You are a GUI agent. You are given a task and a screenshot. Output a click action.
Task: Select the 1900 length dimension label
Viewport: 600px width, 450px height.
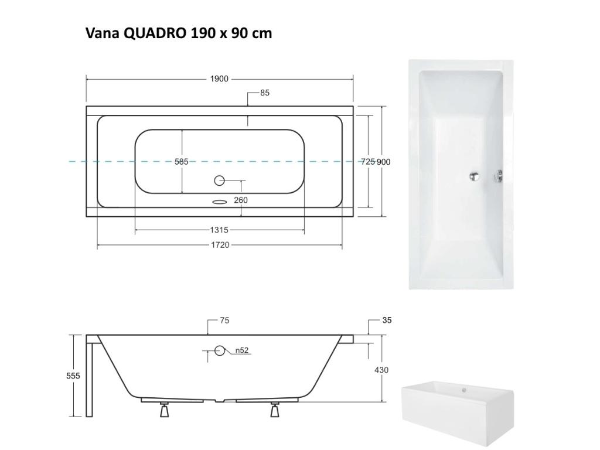(x=219, y=79)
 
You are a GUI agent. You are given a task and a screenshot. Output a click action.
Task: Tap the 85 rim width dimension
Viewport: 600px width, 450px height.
(x=265, y=93)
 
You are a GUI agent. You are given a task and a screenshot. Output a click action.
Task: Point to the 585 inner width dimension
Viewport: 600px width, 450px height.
(x=182, y=162)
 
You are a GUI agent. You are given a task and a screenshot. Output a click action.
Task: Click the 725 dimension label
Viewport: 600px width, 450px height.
(x=367, y=162)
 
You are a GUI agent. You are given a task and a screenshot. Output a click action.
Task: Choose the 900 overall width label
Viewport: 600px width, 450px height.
(x=383, y=162)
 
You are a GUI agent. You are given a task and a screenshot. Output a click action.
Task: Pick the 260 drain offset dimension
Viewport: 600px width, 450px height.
(x=240, y=200)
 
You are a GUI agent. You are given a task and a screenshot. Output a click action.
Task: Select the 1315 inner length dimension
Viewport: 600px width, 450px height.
(x=219, y=230)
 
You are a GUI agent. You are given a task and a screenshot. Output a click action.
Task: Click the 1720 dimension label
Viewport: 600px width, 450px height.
(x=220, y=245)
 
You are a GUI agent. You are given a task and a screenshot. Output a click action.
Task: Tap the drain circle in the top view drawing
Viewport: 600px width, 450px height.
(x=219, y=180)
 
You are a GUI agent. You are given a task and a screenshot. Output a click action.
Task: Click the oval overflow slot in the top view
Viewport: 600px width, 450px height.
(x=219, y=202)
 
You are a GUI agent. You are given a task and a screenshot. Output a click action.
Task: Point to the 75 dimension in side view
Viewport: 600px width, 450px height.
(x=224, y=321)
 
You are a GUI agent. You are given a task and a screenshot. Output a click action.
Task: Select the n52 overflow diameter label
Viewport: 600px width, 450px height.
(x=242, y=351)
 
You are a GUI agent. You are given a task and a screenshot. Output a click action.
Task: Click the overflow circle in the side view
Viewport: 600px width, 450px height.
(x=220, y=351)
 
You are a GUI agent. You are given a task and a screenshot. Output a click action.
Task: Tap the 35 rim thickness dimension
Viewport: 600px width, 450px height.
(x=387, y=321)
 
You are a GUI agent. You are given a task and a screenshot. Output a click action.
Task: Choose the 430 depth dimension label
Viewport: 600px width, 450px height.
(x=381, y=370)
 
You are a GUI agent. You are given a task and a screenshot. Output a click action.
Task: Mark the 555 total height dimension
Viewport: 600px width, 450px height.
(x=73, y=376)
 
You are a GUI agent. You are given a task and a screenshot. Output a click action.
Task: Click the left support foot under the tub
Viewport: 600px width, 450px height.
(x=165, y=410)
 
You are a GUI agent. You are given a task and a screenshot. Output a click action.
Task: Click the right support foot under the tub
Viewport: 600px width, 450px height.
(x=274, y=410)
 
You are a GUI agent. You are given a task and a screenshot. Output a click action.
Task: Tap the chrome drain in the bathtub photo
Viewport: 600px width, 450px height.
(x=476, y=175)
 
